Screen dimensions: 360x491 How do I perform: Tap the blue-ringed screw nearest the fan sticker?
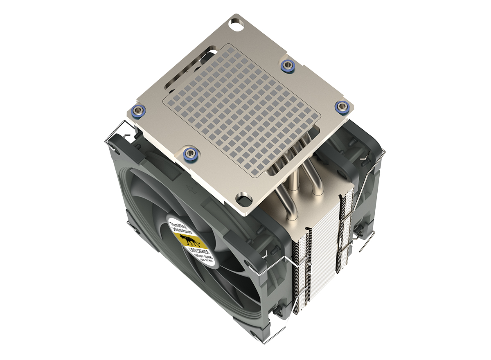[190, 152]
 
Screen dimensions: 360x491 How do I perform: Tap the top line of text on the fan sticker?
[178, 224]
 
